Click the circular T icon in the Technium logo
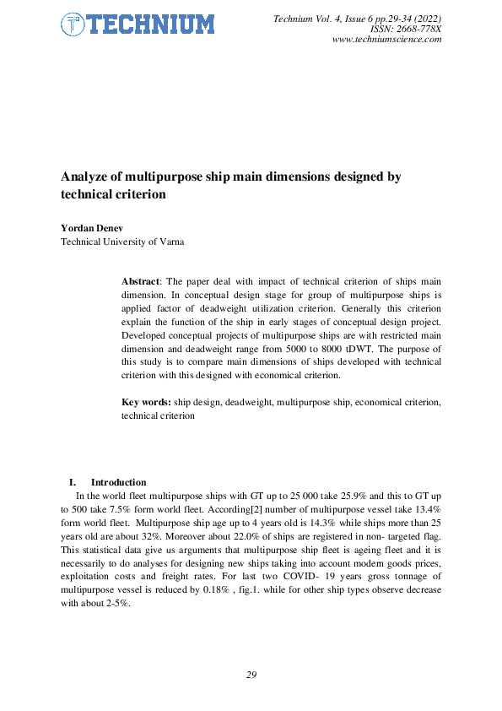(x=73, y=24)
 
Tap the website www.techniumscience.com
(x=387, y=40)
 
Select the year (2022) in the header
(x=427, y=18)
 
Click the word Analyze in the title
(x=87, y=176)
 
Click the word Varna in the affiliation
(x=169, y=242)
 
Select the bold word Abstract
(x=141, y=280)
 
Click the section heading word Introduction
(x=118, y=482)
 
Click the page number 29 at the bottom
(x=251, y=675)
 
